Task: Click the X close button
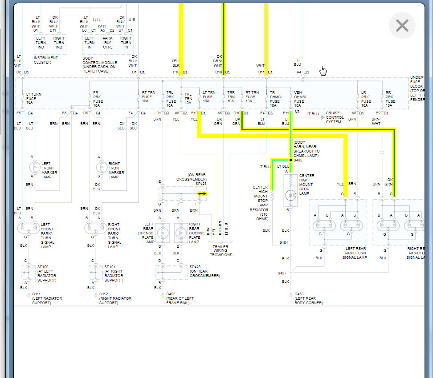(x=402, y=25)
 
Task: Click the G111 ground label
(x=36, y=294)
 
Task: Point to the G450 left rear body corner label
(x=299, y=294)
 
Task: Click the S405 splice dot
(x=290, y=160)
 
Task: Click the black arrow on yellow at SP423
(x=202, y=193)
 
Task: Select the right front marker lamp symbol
(x=101, y=167)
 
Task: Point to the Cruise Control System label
(x=335, y=117)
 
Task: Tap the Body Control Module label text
(x=100, y=63)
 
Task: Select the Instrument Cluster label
(x=45, y=60)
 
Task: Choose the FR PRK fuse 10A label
(x=98, y=99)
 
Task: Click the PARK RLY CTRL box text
(x=107, y=42)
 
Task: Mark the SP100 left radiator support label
(x=46, y=273)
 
